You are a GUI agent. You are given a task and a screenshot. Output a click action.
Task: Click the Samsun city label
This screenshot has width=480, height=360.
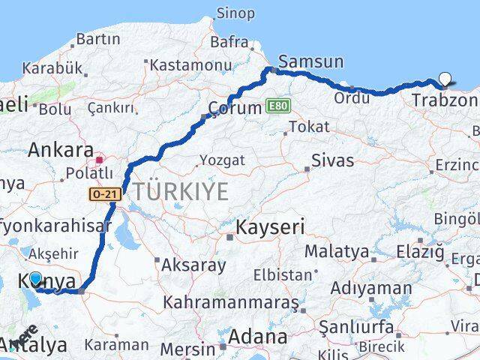pyautogui.click(x=310, y=61)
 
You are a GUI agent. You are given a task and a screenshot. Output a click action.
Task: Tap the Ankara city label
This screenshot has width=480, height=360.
pyautogui.click(x=61, y=150)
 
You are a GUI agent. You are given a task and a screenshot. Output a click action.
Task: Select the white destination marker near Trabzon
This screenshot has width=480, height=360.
pyautogui.click(x=445, y=78)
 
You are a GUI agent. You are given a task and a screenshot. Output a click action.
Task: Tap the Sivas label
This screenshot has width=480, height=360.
pyautogui.click(x=332, y=160)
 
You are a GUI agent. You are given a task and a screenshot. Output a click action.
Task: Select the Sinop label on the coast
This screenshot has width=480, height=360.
pyautogui.click(x=235, y=13)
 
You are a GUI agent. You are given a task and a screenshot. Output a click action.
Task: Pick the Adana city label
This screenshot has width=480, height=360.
pyautogui.click(x=259, y=337)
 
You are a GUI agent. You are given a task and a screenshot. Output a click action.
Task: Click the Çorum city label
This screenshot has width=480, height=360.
pyautogui.click(x=235, y=107)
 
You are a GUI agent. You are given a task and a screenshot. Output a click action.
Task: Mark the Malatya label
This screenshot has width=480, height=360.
pyautogui.click(x=336, y=251)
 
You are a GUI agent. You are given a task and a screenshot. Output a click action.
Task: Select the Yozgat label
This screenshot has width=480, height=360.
pyautogui.click(x=221, y=160)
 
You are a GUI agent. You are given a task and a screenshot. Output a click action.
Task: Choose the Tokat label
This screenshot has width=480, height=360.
pyautogui.click(x=308, y=127)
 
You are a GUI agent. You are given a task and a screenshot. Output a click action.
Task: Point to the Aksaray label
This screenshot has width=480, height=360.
pyautogui.click(x=193, y=265)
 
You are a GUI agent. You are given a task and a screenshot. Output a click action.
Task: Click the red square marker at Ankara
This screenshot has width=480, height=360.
pyautogui.click(x=99, y=160)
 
